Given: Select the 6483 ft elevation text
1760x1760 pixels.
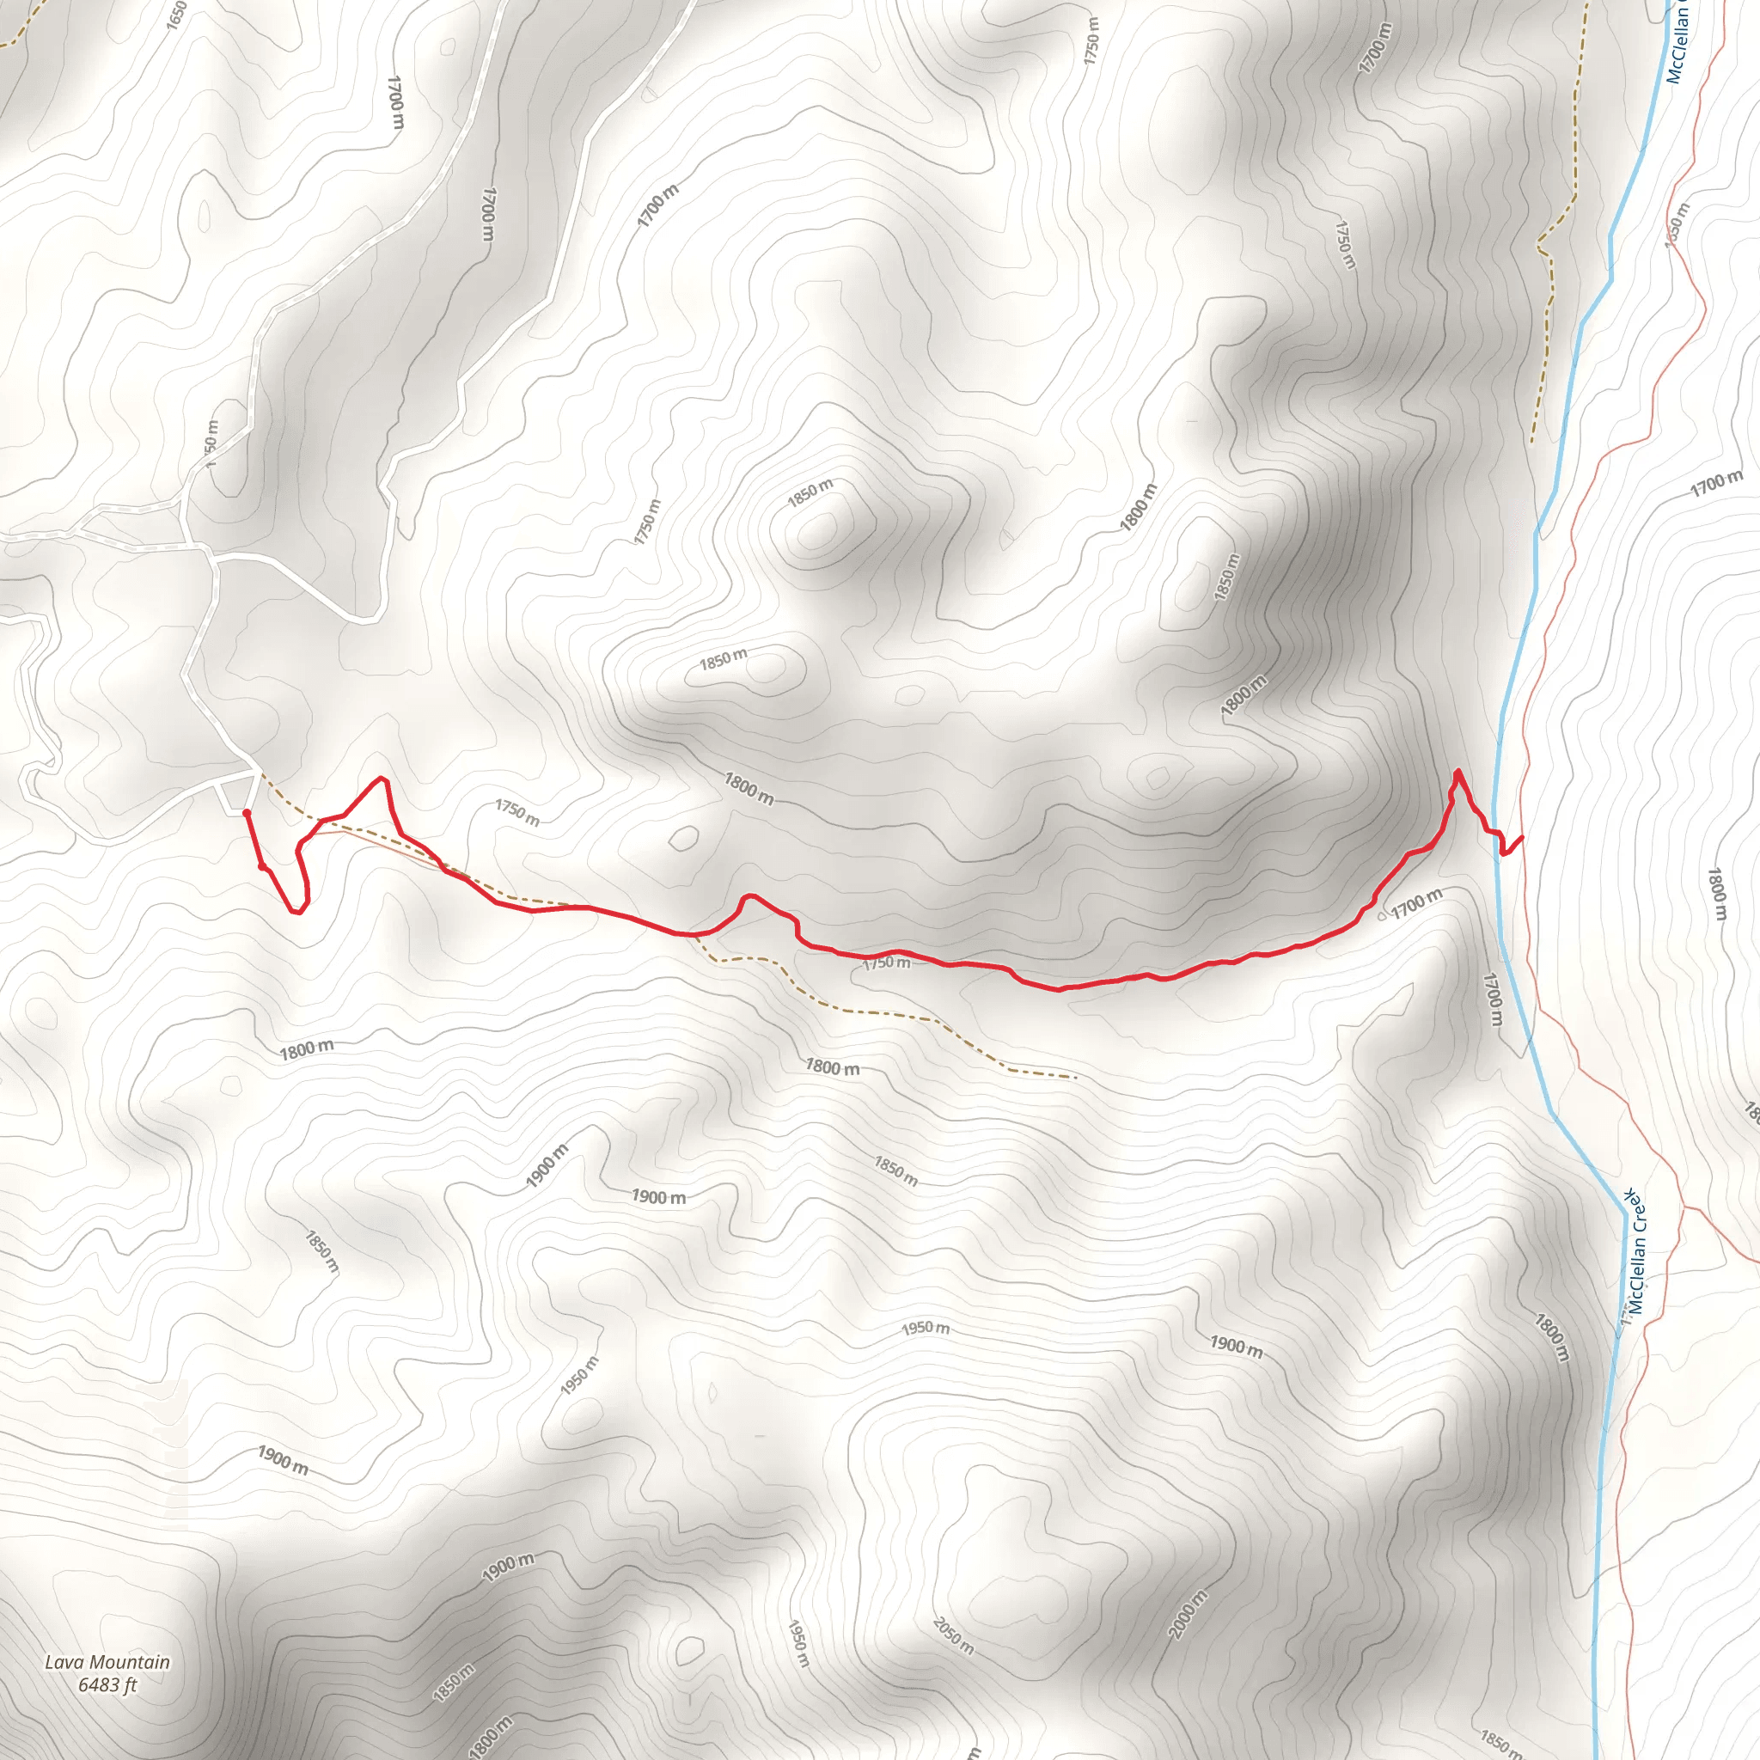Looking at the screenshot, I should pos(107,1685).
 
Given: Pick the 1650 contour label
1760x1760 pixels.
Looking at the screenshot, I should pos(177,15).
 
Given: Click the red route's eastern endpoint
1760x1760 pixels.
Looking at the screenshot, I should pos(1522,836).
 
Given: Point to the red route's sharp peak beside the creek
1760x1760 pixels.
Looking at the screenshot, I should pos(1458,773).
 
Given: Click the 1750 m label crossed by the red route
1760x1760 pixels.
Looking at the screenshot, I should pos(885,962).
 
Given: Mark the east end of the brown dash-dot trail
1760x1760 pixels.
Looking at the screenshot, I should pos(1076,1078).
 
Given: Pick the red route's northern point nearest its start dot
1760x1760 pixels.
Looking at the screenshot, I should pos(382,779).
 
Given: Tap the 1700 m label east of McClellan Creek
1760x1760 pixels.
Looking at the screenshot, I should pos(1716,484).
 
